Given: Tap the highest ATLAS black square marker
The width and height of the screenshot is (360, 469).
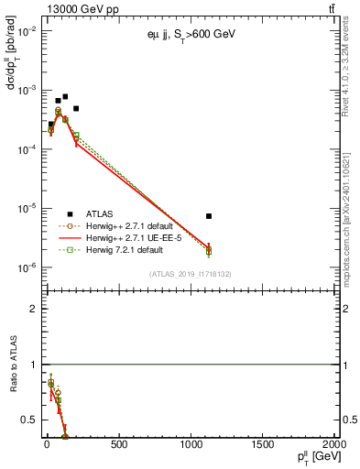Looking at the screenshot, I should tap(65, 96).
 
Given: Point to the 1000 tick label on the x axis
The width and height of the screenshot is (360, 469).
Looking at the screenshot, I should tap(191, 445).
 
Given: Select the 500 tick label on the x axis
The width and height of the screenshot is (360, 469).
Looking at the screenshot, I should tap(118, 445).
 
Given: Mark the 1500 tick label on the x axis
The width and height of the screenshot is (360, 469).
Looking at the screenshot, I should tap(264, 445).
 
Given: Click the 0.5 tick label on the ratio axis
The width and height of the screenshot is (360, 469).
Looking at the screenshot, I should tap(31, 420).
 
